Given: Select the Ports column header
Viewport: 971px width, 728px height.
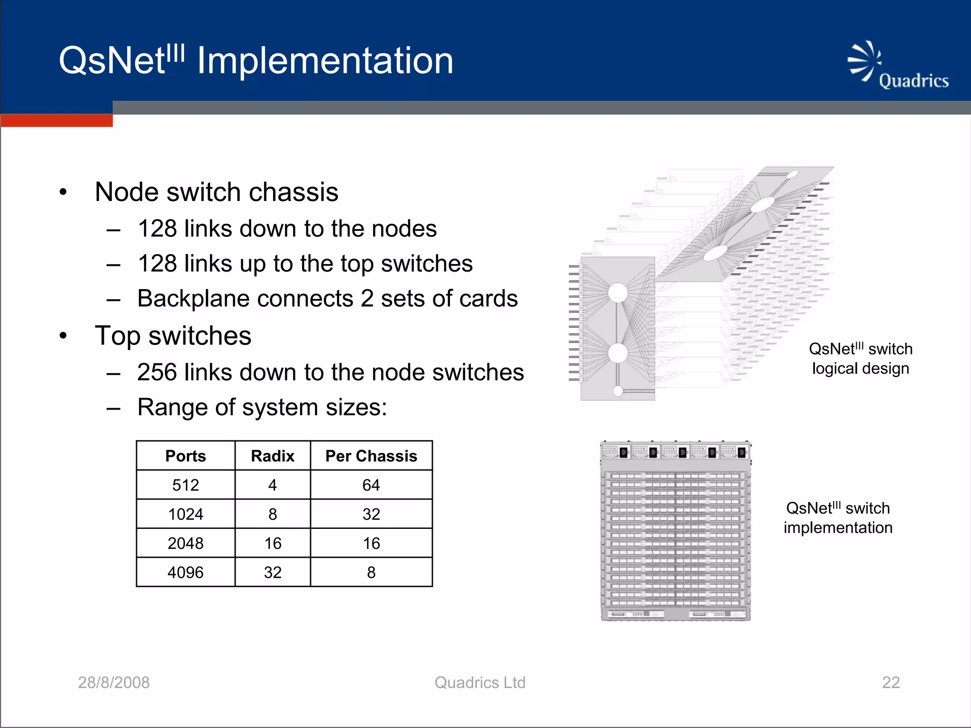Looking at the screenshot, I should [x=185, y=456].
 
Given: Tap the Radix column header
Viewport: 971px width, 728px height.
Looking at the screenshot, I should [x=273, y=456].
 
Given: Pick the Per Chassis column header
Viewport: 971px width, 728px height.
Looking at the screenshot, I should [x=371, y=456].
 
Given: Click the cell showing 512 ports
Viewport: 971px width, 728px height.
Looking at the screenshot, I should [x=185, y=485].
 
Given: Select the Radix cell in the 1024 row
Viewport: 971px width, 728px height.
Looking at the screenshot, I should [x=273, y=514].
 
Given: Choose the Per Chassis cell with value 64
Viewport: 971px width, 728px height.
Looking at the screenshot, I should [x=371, y=485].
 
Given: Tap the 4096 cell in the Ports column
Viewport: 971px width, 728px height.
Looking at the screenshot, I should [x=185, y=573].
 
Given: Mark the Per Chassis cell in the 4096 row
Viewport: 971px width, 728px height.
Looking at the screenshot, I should [x=371, y=573].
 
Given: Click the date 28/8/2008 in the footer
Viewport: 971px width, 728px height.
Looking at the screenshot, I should [x=114, y=682].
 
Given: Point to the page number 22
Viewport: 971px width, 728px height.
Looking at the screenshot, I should [x=891, y=682].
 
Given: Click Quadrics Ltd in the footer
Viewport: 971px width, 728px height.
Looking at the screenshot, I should [x=480, y=682].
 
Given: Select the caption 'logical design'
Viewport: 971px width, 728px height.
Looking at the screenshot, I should [x=861, y=368].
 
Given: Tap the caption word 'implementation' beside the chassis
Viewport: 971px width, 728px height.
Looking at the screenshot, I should [x=838, y=528].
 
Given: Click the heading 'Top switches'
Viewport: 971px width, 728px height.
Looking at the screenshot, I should [x=173, y=336].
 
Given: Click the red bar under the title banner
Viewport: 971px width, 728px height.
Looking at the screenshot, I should [x=56, y=120].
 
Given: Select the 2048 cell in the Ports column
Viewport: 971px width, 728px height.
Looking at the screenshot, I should [x=185, y=543].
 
